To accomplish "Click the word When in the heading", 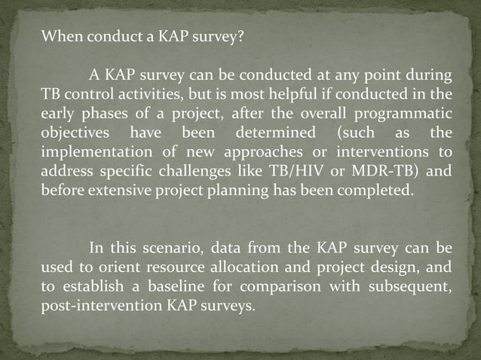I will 59,35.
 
